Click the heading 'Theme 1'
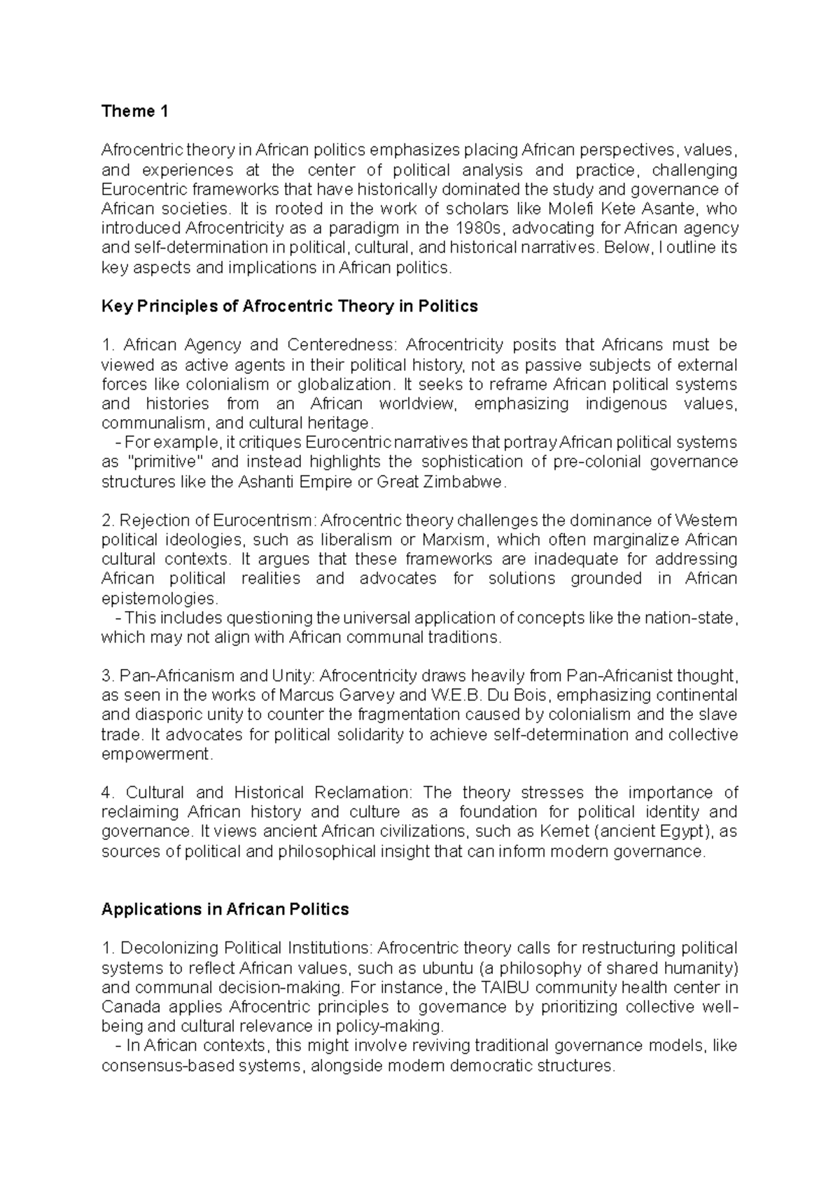coord(134,111)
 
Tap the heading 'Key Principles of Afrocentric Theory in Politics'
coord(289,307)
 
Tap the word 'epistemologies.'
coord(160,598)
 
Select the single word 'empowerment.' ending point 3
coord(157,754)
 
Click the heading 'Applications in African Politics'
coord(225,910)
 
